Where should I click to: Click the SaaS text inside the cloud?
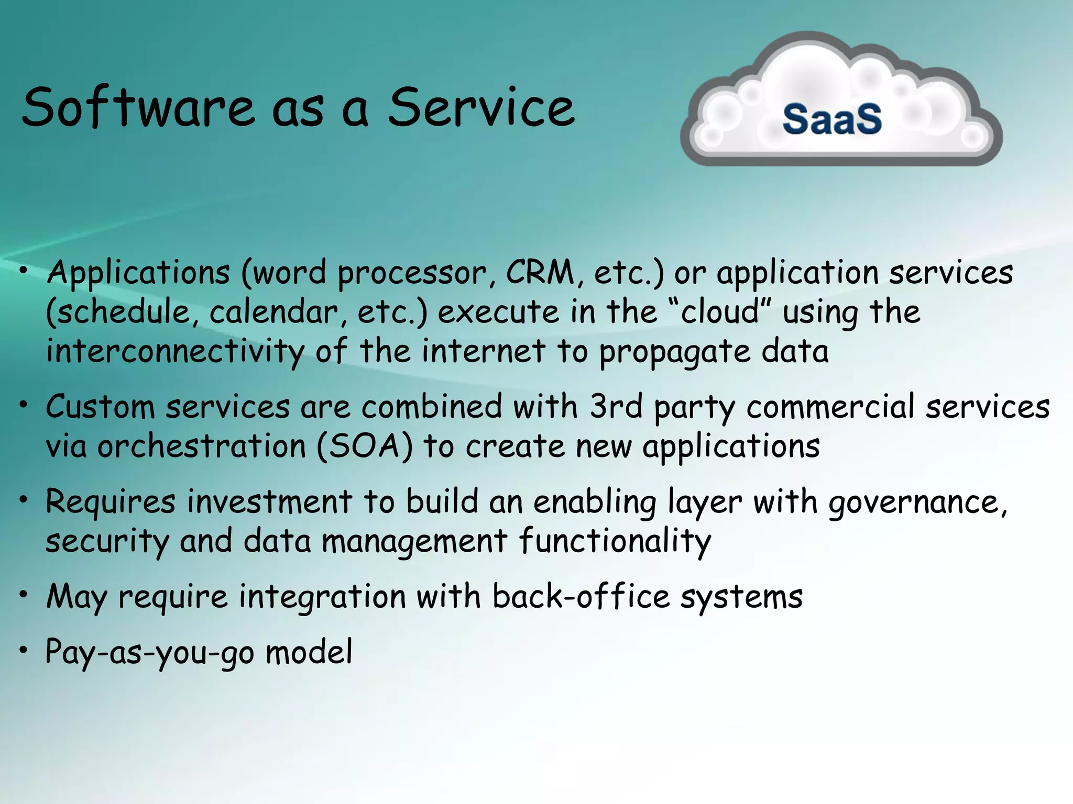832,119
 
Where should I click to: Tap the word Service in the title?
481,108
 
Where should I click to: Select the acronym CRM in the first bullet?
540,273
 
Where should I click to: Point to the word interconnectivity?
175,352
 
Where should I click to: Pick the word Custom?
100,407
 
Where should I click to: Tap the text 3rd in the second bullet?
616,406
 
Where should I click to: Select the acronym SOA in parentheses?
365,446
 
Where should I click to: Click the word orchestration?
202,446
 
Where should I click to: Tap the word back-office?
581,597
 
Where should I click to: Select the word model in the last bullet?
309,652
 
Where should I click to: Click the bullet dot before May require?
23,595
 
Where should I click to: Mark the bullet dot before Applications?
23,271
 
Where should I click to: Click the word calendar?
274,312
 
